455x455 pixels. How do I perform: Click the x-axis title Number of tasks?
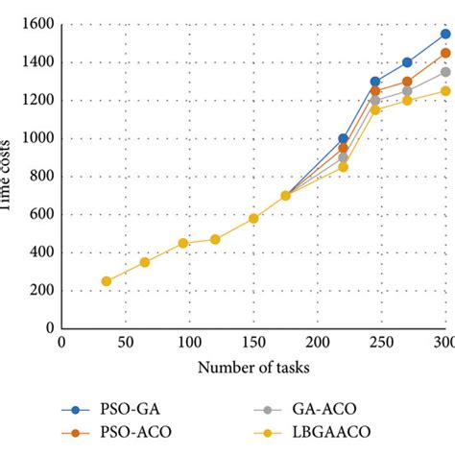(253, 368)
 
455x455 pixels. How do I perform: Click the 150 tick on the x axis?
(253, 343)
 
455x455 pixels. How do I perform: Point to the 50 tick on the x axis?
(126, 343)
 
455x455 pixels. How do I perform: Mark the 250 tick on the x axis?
(381, 343)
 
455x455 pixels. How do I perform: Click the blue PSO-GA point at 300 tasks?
(445, 34)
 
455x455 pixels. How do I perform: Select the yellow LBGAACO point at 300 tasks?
(445, 91)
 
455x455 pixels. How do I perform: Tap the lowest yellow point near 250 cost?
(106, 281)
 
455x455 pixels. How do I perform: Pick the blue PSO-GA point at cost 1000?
(343, 138)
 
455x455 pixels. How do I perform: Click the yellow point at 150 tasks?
(253, 218)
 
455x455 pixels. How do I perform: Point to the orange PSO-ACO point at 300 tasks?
(445, 53)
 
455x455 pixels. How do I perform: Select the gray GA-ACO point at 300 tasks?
(445, 72)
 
